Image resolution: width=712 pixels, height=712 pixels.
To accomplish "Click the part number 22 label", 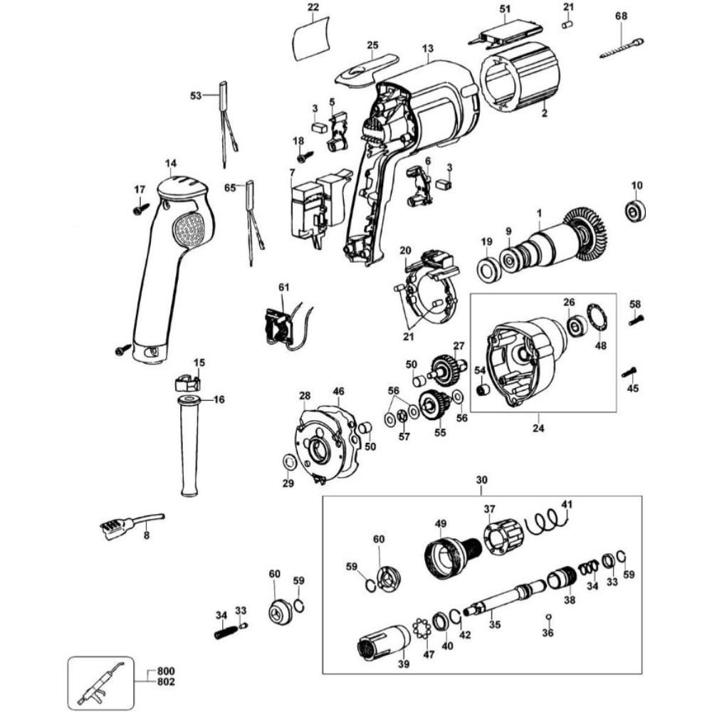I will (x=313, y=8).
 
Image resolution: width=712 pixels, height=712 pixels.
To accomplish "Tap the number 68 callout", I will (x=622, y=16).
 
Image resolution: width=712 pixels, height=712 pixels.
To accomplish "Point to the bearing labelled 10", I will (x=635, y=211).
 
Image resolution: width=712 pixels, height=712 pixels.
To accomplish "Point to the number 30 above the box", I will (x=481, y=481).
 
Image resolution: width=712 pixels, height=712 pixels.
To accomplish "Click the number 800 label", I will (x=167, y=671).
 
